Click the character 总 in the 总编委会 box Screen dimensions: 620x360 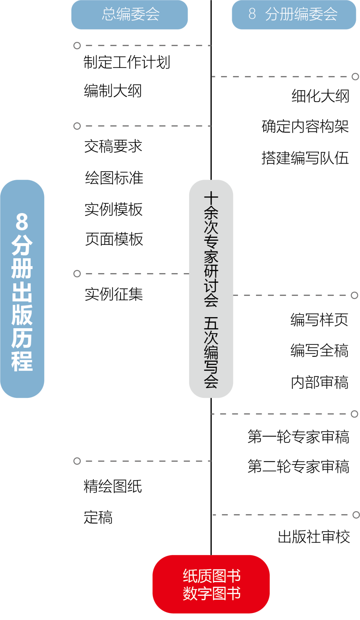pos(109,14)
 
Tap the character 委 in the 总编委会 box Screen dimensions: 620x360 pos(138,14)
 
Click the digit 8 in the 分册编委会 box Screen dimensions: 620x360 pos(252,14)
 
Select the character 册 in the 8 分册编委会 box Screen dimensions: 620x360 pos(287,14)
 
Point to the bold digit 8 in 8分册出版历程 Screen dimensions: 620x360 pos(22,222)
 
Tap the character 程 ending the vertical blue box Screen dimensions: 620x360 pos(22,361)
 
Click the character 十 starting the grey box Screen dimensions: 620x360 pos(211,198)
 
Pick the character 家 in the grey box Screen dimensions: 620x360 pos(211,257)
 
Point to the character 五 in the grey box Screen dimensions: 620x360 pos(211,324)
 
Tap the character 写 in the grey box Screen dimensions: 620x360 pos(211,367)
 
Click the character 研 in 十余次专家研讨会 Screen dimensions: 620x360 pos(211,271)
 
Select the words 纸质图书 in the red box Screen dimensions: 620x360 pos(211,576)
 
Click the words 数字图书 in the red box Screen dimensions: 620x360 pos(211,594)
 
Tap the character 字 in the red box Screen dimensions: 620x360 pos(204,594)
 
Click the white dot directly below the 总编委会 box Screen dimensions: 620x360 pos(77,45)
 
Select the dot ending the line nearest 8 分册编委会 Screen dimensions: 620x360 pos(355,77)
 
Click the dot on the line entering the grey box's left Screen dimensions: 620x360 pos(77,274)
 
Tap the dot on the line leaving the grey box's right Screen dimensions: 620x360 pos(355,295)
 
